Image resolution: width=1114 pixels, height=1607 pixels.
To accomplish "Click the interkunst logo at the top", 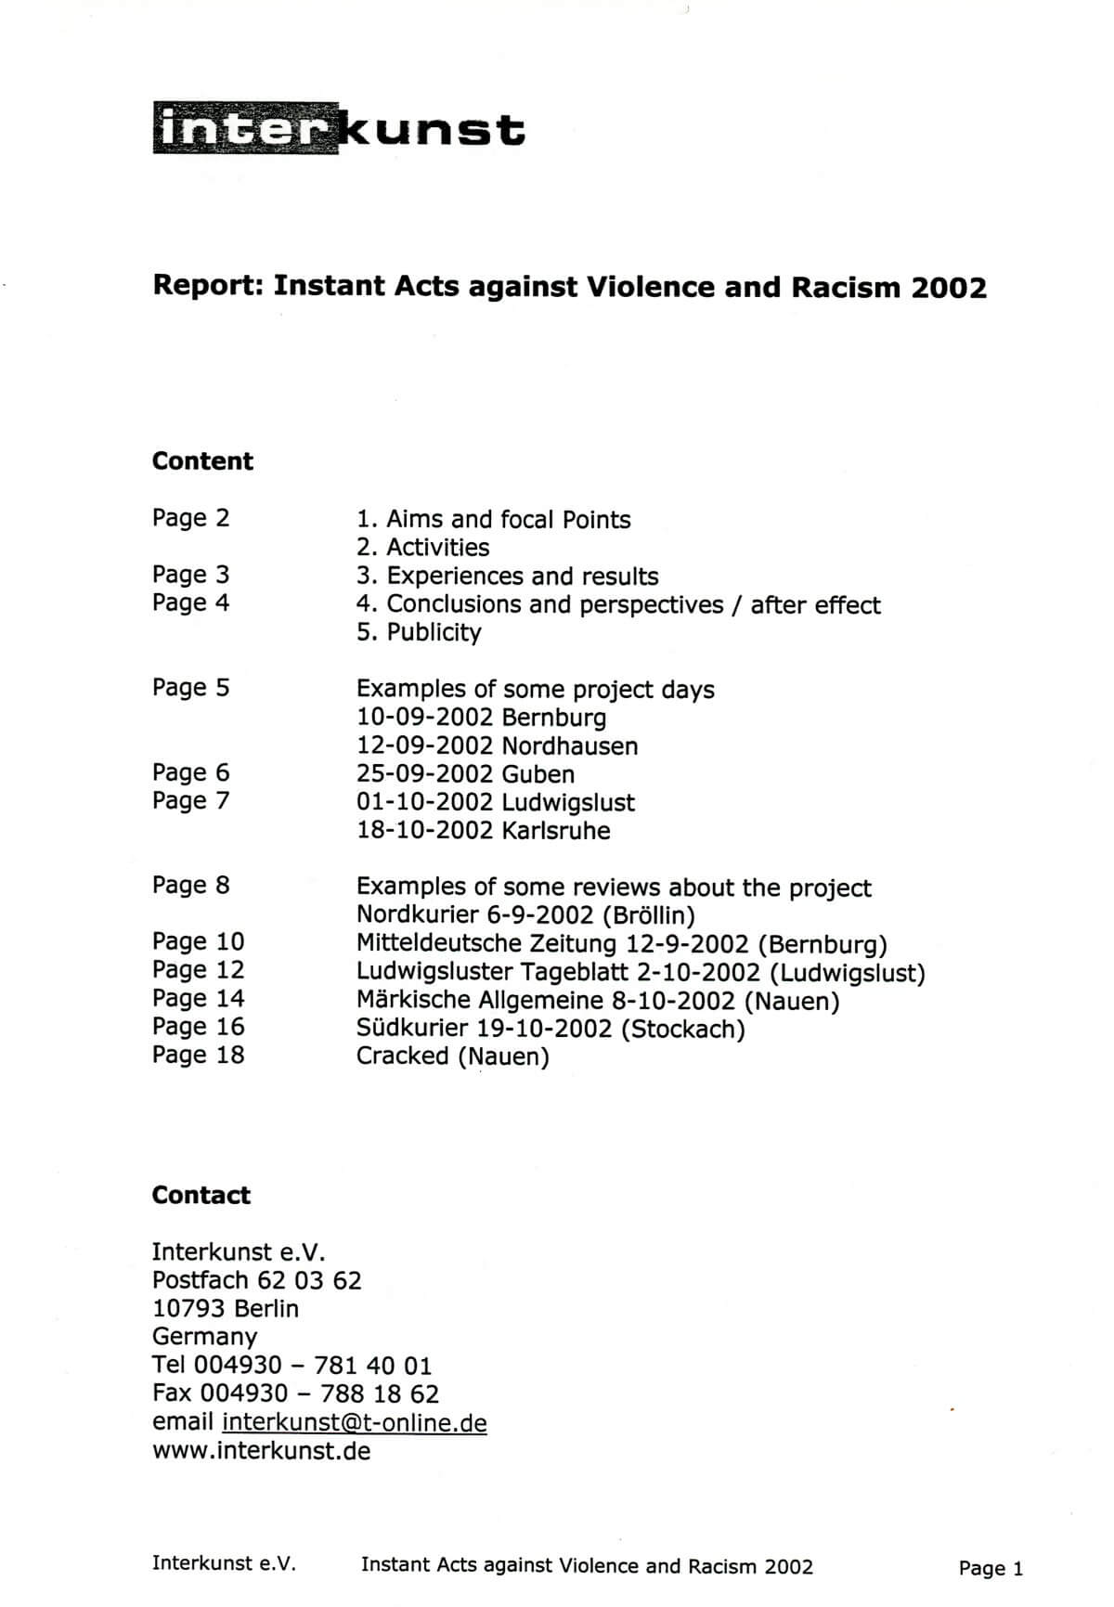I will click(x=339, y=130).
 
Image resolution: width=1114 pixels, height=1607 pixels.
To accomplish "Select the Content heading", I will click(x=202, y=461).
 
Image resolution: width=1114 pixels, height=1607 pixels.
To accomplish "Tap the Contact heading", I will click(x=201, y=1195).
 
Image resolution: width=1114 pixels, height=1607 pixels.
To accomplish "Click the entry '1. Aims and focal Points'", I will click(x=493, y=519).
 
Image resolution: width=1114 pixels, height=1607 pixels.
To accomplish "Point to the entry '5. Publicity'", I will click(x=419, y=632).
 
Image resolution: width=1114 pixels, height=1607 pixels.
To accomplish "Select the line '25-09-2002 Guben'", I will click(x=465, y=774).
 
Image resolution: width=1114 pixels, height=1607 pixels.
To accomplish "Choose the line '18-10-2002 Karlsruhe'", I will click(x=483, y=830).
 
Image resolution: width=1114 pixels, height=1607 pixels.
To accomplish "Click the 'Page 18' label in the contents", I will click(x=198, y=1055).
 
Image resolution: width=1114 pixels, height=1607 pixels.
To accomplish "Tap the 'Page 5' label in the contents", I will click(x=190, y=688).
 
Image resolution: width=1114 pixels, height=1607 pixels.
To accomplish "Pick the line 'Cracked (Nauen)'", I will click(x=452, y=1056).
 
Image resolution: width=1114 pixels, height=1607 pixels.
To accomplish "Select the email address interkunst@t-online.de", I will click(x=354, y=1422).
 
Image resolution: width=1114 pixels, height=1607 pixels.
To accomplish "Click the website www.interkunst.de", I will click(x=261, y=1450).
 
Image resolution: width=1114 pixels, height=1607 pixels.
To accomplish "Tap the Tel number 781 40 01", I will click(x=372, y=1366).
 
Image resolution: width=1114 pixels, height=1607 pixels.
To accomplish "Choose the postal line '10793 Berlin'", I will click(x=225, y=1309).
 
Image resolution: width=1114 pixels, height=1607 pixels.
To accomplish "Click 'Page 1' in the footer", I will click(x=991, y=1569).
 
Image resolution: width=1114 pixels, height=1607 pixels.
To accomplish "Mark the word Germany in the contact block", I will click(x=204, y=1337).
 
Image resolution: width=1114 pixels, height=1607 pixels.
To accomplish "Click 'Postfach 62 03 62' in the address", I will click(x=256, y=1280).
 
